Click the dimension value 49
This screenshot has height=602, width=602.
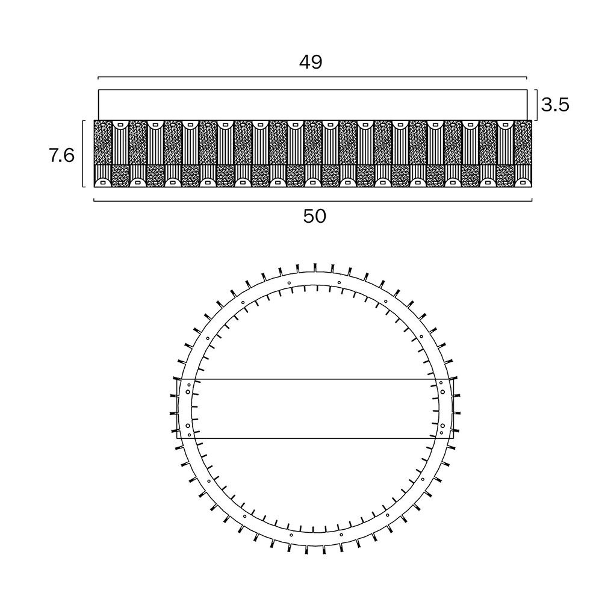point(311,62)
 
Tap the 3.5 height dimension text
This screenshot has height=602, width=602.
point(555,104)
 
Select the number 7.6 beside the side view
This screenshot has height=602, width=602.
point(62,156)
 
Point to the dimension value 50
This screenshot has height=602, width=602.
point(315,217)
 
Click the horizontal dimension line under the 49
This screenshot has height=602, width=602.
point(312,77)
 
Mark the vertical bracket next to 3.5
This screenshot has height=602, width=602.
point(536,105)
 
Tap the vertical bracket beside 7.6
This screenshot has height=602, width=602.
point(83,154)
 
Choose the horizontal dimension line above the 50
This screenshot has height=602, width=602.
point(313,200)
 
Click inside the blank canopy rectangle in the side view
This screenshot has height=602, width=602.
point(312,105)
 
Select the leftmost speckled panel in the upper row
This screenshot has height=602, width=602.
point(102,143)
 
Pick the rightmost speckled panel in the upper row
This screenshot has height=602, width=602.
point(523,143)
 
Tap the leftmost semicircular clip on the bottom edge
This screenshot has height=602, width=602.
point(102,183)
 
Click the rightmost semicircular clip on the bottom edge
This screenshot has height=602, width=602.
point(523,183)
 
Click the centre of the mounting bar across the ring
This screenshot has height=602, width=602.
point(315,409)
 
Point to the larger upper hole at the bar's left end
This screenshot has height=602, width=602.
point(187,392)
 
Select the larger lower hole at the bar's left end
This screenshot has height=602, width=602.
point(187,426)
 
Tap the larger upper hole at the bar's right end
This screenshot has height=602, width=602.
point(442,392)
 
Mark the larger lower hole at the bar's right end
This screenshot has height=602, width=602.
point(442,426)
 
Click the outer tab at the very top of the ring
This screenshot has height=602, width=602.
point(315,267)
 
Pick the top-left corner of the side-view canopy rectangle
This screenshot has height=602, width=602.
point(98,90)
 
